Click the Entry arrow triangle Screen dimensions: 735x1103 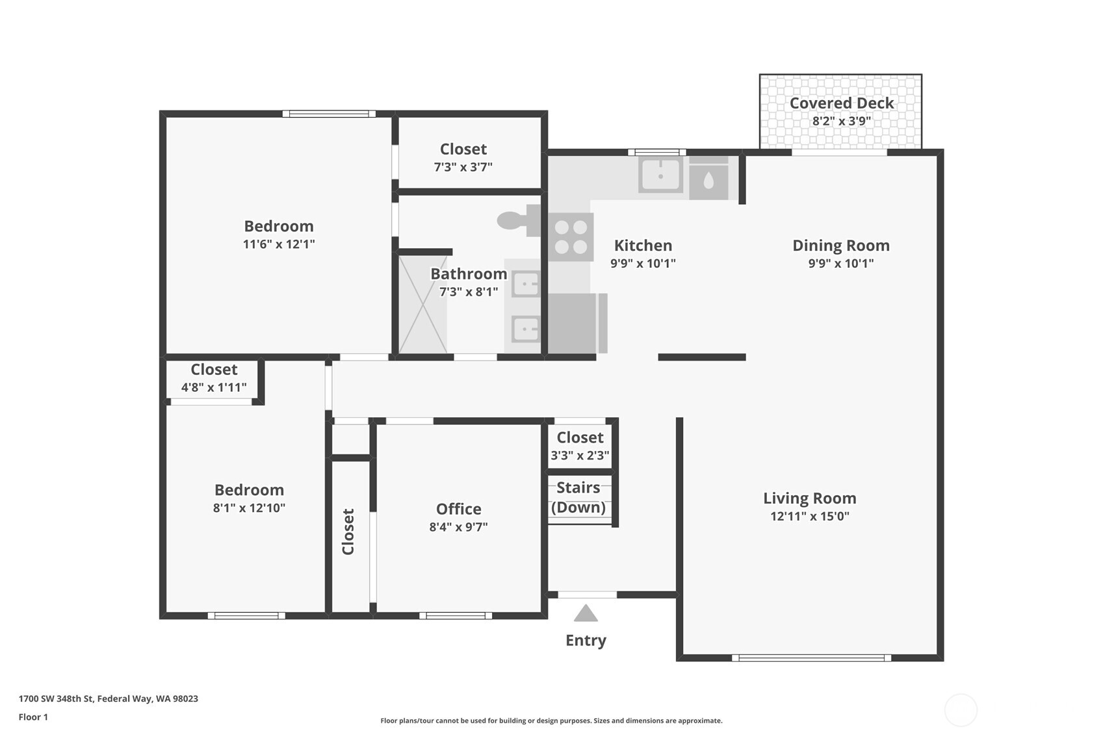[x=586, y=613]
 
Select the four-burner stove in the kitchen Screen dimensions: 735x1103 [x=571, y=237]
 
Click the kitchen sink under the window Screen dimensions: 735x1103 [x=660, y=175]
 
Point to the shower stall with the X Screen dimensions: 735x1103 [x=422, y=304]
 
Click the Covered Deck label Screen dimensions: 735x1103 [x=841, y=103]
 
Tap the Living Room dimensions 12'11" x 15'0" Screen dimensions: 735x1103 [x=809, y=517]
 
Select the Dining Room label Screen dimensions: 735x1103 [x=840, y=246]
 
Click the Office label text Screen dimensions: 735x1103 [x=458, y=509]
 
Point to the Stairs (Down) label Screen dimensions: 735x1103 [x=578, y=497]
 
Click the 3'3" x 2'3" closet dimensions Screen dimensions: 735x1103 [x=580, y=456]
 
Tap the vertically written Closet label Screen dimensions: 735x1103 [x=348, y=532]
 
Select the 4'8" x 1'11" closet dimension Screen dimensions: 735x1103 [x=214, y=388]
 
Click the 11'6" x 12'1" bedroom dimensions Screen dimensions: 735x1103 [x=279, y=244]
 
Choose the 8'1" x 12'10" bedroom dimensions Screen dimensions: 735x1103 [x=249, y=508]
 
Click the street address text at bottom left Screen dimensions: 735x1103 [x=108, y=699]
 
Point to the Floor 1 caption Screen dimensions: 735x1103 [x=33, y=717]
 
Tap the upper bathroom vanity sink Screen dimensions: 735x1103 [x=526, y=284]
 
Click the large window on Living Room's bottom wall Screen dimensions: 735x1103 [x=811, y=658]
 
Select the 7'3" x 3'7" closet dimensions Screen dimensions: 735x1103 [x=463, y=167]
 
